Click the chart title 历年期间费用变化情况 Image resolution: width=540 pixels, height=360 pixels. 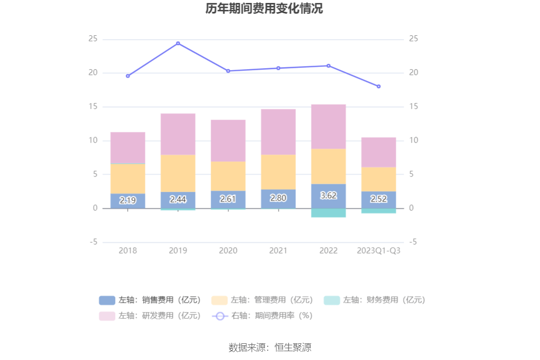(264, 9)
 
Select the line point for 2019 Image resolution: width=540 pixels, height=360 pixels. (178, 43)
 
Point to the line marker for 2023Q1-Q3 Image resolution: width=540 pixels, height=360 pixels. (378, 86)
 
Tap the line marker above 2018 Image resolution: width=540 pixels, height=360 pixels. (128, 76)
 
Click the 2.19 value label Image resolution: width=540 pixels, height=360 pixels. (128, 201)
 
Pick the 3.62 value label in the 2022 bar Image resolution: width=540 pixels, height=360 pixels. (328, 196)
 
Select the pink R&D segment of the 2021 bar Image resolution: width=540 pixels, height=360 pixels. (278, 131)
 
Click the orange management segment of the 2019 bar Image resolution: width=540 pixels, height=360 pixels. (178, 173)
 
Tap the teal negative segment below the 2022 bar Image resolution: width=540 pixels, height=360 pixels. (328, 213)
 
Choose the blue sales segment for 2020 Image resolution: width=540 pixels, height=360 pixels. (228, 199)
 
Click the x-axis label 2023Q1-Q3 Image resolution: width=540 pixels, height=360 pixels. (378, 251)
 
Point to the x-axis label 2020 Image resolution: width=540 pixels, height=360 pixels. (228, 251)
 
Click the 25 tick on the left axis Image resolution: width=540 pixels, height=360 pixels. (93, 39)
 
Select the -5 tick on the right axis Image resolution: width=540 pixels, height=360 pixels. (413, 242)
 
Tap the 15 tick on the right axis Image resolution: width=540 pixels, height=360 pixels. (414, 106)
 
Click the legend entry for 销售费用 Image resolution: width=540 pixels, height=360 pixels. (150, 300)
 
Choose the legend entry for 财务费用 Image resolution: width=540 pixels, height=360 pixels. (374, 300)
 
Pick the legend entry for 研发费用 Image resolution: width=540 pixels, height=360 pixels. (150, 316)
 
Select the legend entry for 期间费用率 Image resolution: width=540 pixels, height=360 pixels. (262, 316)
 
